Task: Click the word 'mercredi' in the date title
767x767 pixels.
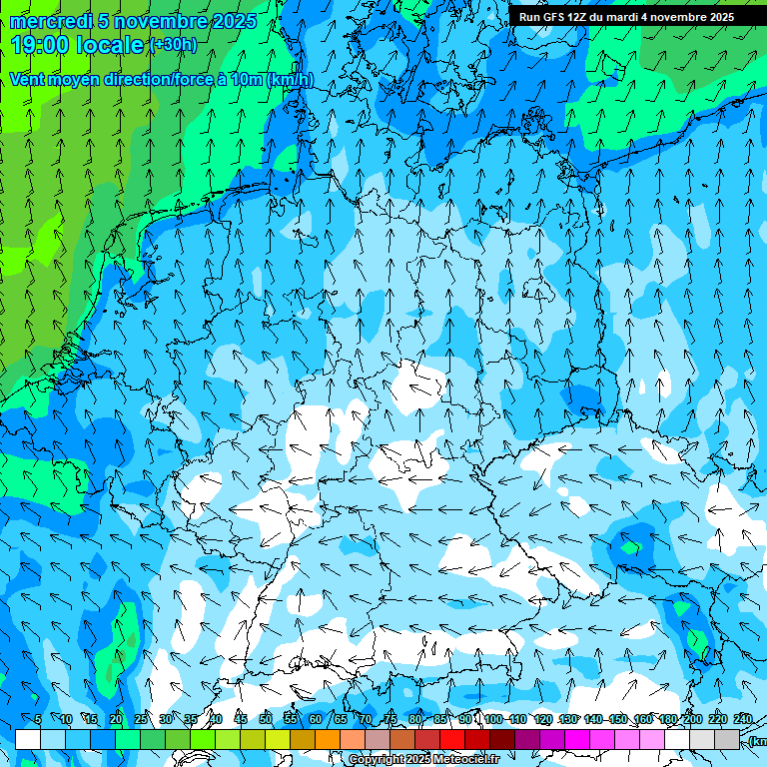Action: click(x=51, y=21)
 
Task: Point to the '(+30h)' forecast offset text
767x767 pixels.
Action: click(x=172, y=44)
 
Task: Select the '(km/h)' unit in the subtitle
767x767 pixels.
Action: click(x=291, y=80)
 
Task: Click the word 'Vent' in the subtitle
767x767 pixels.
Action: click(x=28, y=80)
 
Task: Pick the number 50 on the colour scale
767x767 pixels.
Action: click(x=266, y=720)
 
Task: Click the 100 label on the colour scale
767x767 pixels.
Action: click(x=493, y=720)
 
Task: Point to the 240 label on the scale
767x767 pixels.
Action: click(x=743, y=720)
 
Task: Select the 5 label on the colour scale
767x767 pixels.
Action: click(x=38, y=720)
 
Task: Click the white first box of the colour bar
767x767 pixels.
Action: click(x=28, y=739)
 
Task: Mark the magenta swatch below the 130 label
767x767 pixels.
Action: click(x=577, y=739)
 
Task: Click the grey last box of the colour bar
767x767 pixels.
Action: click(x=727, y=739)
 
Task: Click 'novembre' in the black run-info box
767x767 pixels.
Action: click(x=673, y=17)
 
